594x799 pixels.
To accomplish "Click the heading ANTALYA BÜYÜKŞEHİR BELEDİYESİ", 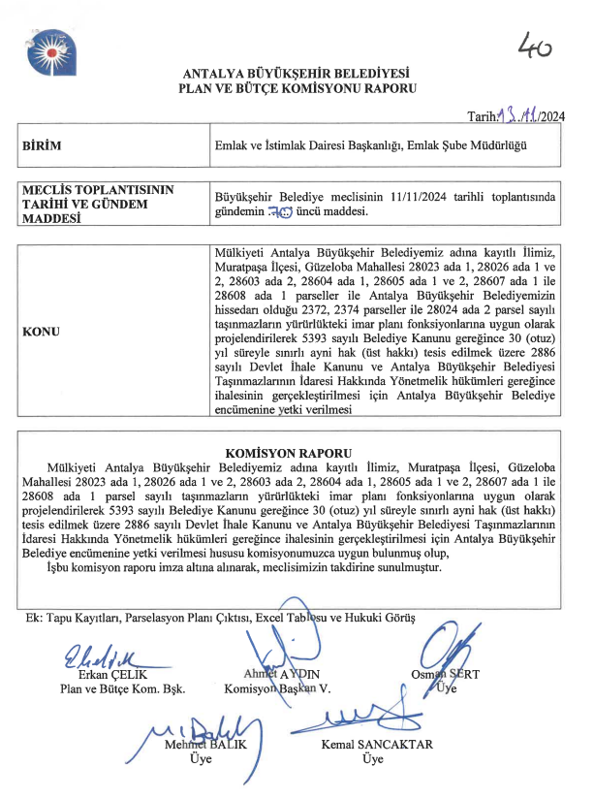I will (x=297, y=74).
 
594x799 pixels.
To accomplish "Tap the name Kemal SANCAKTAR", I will (x=377, y=745).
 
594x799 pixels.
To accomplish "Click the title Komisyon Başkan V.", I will (x=278, y=689).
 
